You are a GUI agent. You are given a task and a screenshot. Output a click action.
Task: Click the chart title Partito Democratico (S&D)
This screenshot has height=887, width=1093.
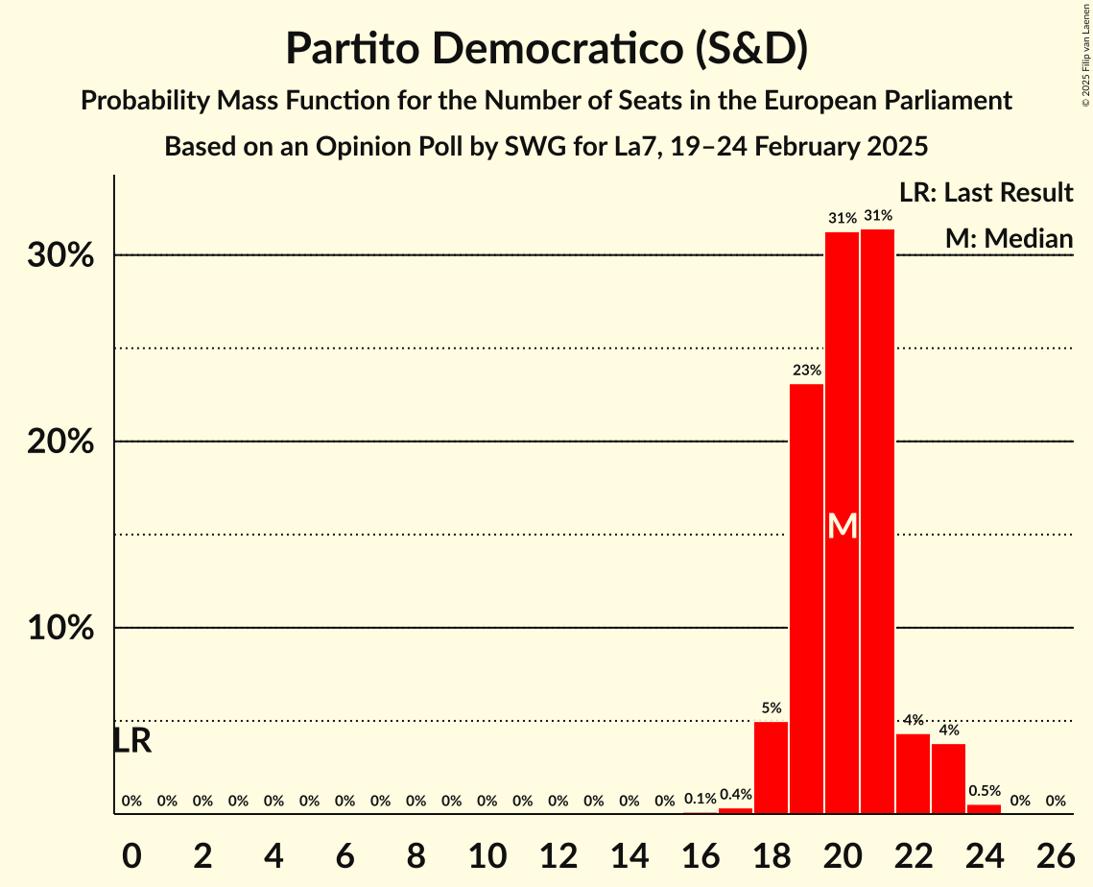546,49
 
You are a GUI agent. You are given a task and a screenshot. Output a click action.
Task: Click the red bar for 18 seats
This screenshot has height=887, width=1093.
771,767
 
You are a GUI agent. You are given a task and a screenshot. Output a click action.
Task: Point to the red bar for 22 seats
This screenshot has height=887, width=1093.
913,774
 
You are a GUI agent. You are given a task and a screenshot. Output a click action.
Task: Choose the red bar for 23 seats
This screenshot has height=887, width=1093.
948,779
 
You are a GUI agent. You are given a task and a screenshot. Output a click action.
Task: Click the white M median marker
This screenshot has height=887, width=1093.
842,526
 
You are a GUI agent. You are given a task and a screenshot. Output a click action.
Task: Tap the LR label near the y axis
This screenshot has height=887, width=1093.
131,741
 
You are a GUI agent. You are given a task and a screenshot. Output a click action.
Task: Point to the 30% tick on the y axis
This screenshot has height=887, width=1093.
66,256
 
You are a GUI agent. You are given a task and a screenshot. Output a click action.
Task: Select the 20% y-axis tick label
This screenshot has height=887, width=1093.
66,443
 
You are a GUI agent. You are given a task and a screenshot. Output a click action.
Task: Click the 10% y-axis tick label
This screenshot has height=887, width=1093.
66,629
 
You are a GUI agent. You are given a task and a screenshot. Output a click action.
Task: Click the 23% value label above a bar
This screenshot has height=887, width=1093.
806,370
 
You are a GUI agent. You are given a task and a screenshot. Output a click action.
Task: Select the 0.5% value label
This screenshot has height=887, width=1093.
984,791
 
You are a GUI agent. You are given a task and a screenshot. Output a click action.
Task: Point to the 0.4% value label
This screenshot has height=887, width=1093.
735,794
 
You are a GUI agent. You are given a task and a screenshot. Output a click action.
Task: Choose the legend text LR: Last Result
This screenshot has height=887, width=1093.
986,193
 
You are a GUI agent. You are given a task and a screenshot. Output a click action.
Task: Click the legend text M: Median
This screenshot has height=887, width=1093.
1009,238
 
